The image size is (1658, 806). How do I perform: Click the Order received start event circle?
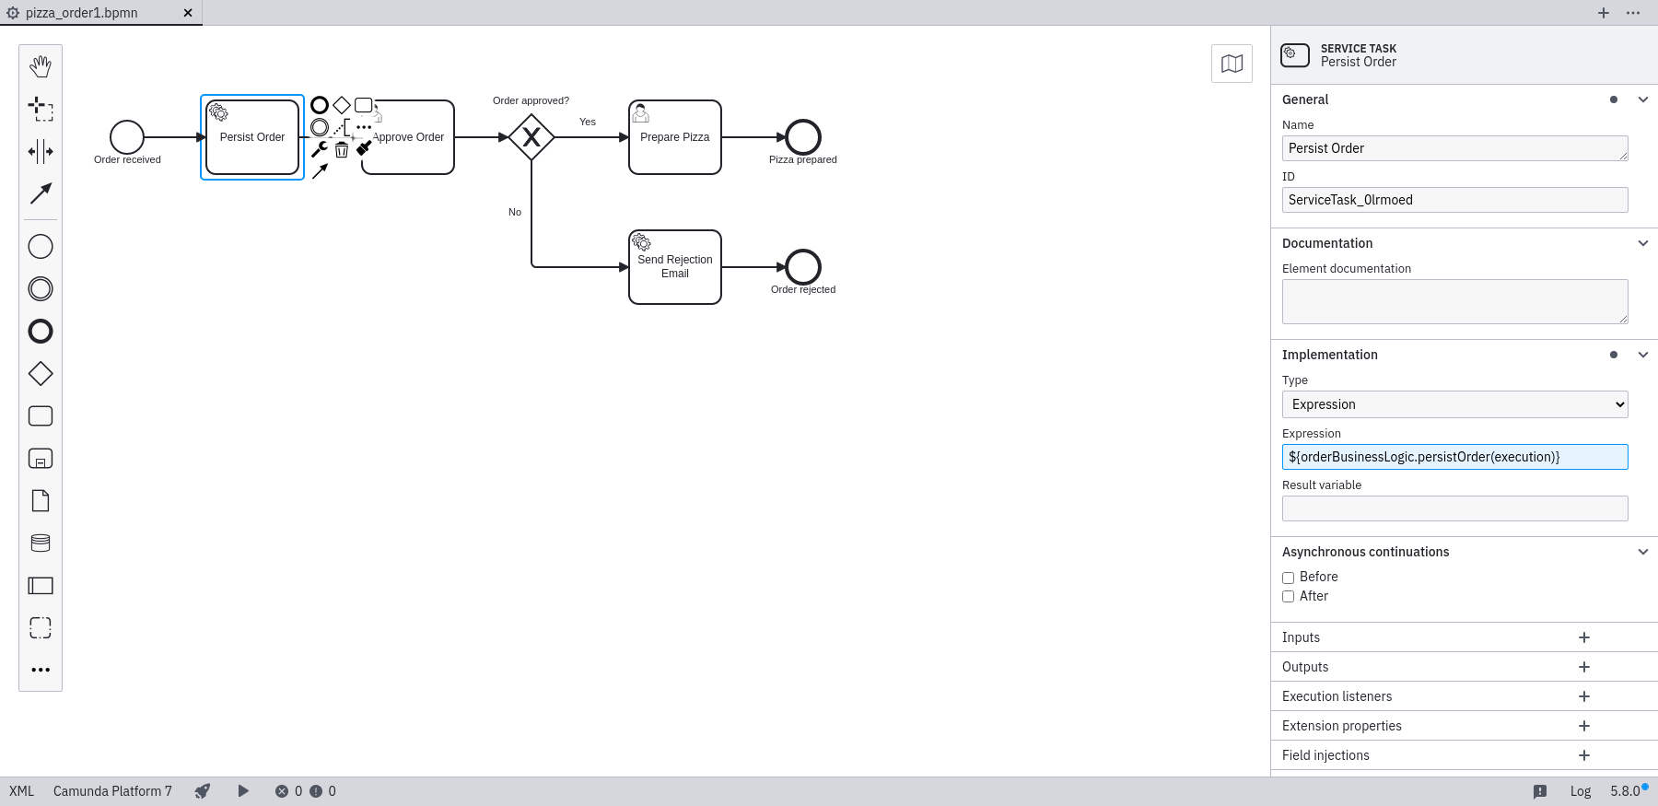click(127, 137)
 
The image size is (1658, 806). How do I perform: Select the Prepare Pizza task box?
click(675, 137)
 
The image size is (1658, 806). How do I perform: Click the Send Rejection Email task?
click(675, 267)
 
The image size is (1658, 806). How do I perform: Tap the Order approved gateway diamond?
click(531, 137)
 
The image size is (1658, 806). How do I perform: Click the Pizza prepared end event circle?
click(803, 137)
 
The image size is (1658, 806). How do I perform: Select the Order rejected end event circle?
click(803, 267)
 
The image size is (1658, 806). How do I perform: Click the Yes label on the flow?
click(588, 122)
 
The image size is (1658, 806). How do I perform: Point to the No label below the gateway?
click(515, 212)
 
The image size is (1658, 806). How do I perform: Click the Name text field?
click(1454, 148)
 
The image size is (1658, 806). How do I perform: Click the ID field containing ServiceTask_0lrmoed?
click(1454, 200)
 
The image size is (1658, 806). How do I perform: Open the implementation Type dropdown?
click(1454, 404)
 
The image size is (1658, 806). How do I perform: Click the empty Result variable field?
click(1454, 508)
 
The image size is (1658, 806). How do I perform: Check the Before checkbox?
click(1289, 578)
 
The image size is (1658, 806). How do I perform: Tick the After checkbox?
click(1289, 597)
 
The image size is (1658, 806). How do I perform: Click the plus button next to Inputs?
click(1584, 637)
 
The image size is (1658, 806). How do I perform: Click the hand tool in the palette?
click(41, 66)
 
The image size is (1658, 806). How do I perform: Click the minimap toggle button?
click(1232, 64)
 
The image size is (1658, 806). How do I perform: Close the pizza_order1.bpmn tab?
click(188, 13)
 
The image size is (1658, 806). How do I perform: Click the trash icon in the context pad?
click(342, 149)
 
